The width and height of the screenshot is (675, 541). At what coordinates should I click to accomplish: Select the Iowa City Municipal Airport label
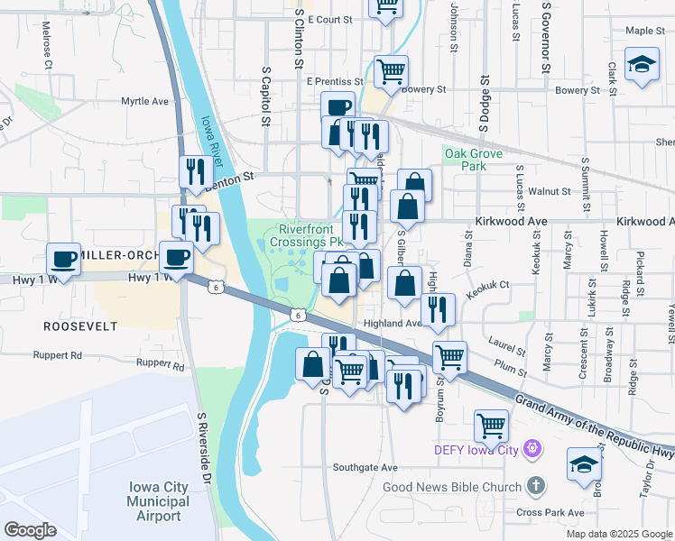pos(158,500)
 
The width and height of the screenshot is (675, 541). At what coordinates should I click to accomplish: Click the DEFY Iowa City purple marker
pos(532,447)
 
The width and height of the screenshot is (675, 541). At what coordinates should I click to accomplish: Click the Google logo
pos(30,530)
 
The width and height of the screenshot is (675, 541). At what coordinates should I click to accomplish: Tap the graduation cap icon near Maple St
pos(642,66)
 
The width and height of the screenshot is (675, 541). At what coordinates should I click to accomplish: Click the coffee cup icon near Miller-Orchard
pos(64,259)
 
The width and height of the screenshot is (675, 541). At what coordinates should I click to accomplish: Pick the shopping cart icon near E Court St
pos(386,5)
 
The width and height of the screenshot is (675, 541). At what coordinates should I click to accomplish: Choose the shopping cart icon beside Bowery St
pos(391,69)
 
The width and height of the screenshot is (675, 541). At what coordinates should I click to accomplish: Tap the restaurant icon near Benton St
pos(195,170)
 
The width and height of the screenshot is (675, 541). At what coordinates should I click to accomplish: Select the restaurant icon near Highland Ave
pos(438,308)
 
